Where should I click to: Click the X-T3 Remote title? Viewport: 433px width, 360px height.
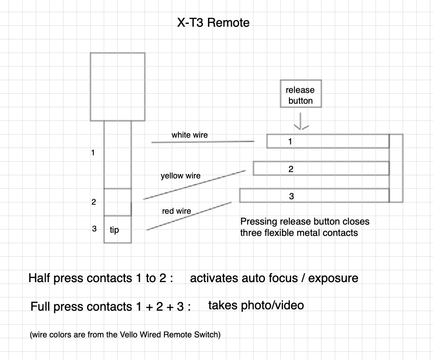tap(213, 22)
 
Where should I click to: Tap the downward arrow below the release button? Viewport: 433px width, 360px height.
tap(301, 121)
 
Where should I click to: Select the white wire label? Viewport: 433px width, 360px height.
tap(189, 135)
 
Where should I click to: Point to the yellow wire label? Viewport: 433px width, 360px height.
tap(181, 176)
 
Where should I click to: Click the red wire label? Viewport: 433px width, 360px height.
tap(177, 211)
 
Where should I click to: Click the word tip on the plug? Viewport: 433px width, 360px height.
tap(114, 230)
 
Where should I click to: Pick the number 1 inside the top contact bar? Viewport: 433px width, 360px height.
tap(290, 141)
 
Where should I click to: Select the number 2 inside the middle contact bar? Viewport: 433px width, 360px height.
tap(291, 169)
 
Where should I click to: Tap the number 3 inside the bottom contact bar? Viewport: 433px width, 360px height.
tap(291, 196)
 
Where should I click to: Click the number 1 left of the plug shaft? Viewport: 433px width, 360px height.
tap(93, 153)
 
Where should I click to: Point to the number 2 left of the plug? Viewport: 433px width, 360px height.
tap(94, 202)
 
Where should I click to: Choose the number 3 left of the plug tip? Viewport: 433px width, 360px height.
tap(94, 229)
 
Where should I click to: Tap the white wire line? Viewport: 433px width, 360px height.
tap(203, 142)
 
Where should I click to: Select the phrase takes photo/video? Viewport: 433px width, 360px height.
tap(256, 305)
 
